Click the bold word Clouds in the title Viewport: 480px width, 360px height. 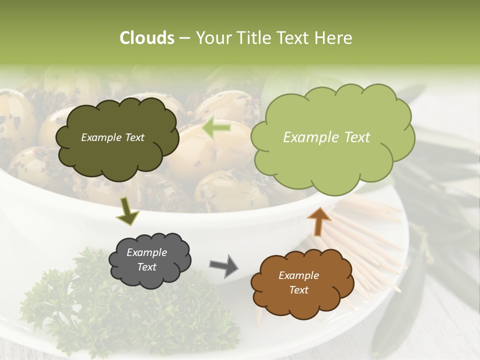(147, 38)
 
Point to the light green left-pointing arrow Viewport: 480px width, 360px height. (216, 128)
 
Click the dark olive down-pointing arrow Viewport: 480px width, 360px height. (128, 211)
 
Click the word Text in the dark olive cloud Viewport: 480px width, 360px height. (133, 137)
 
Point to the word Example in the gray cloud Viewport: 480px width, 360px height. (146, 252)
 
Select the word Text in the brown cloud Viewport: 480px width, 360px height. (298, 290)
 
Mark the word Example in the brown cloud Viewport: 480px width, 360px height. (298, 275)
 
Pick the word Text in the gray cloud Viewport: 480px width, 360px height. (146, 267)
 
